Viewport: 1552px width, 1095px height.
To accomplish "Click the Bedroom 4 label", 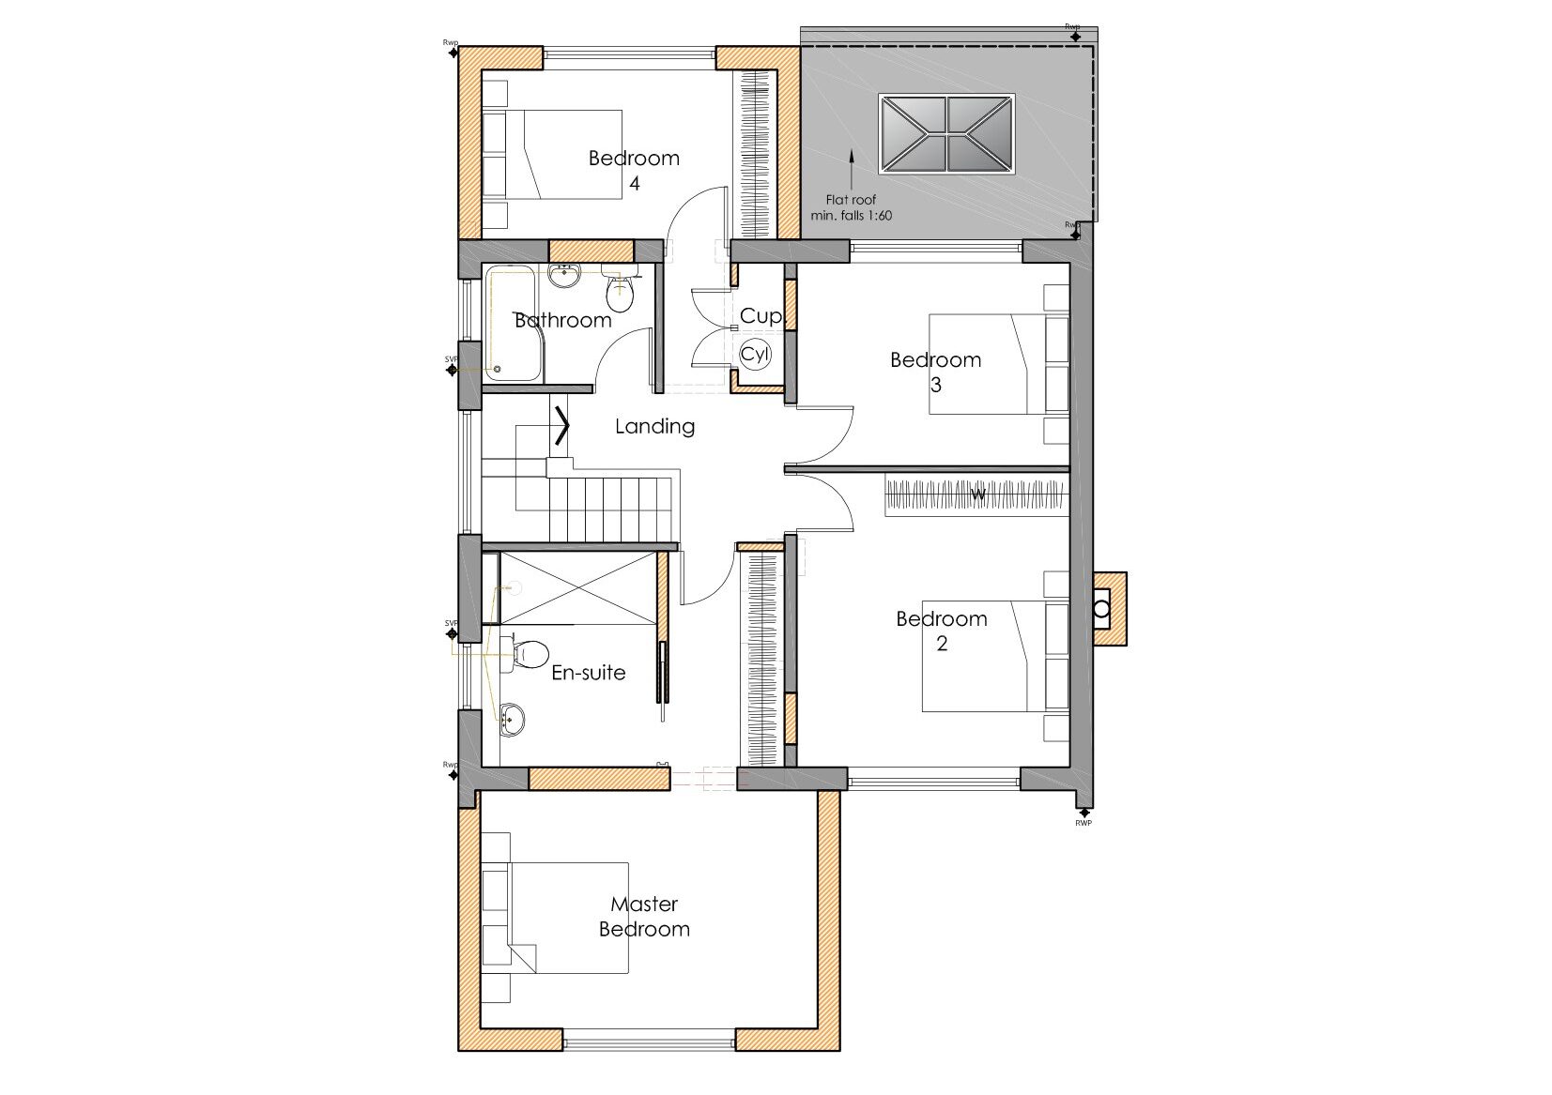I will coord(634,170).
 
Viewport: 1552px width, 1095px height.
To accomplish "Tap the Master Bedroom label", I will coord(644,917).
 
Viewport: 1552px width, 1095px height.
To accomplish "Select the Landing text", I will coord(654,426).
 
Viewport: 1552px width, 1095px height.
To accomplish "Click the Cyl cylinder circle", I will coord(755,354).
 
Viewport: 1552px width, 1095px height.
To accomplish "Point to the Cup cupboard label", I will coord(760,316).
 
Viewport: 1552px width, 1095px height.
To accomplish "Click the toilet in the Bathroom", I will coord(620,294).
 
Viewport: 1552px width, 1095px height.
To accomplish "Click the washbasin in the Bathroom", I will coord(564,277).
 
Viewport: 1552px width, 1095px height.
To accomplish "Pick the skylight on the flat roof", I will coord(946,133).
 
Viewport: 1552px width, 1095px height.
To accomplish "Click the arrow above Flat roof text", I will coord(851,168).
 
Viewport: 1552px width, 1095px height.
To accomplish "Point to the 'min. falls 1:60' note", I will coord(851,216).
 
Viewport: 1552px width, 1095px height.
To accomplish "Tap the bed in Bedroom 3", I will coord(998,364).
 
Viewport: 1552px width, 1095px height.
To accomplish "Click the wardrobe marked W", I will coord(977,495).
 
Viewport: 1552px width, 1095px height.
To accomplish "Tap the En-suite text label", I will coord(588,673).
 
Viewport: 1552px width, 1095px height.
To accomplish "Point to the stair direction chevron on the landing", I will coord(562,425).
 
